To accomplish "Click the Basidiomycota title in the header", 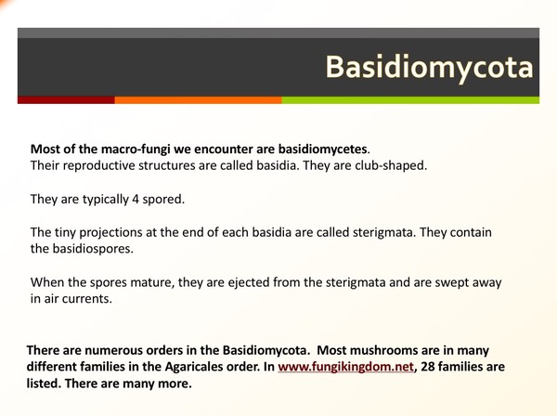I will pyautogui.click(x=429, y=68).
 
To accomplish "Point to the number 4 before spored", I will pyautogui.click(x=133, y=199).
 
